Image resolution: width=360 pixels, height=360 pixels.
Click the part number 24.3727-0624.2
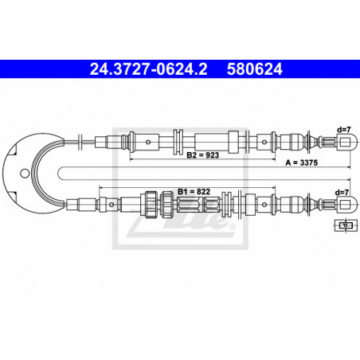coord(148,69)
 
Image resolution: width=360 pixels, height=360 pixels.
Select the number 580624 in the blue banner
coord(255,69)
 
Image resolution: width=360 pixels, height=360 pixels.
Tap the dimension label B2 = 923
coord(202,155)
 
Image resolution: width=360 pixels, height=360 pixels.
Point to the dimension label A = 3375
coord(302,162)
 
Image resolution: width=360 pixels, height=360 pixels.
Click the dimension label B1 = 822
coord(194,191)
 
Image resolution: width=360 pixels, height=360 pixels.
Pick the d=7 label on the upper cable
coord(344,130)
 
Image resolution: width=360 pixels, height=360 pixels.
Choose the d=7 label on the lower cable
coord(342,192)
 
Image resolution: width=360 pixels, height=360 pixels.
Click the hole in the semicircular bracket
coord(25,174)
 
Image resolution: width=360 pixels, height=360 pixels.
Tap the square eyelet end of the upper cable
coord(346,142)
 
